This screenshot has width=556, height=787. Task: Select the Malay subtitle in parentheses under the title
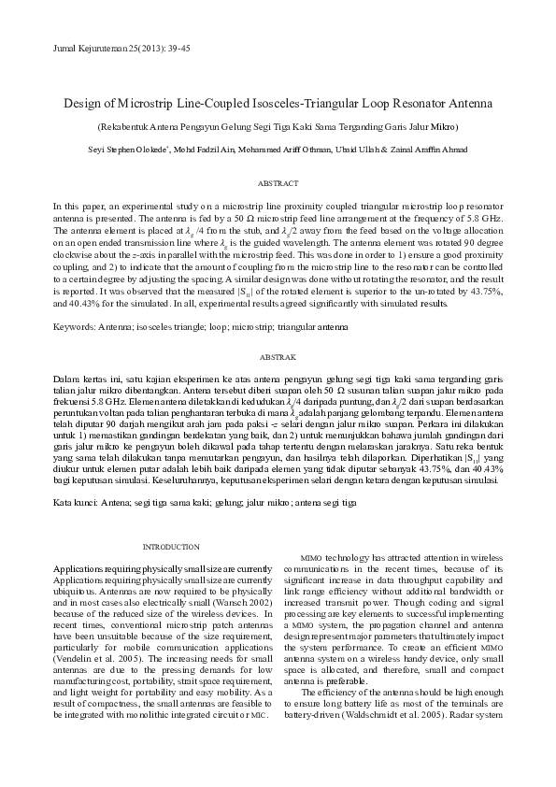(x=278, y=126)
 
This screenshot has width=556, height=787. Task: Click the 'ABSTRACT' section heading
(x=278, y=184)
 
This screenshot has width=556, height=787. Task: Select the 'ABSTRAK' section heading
(x=278, y=358)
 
